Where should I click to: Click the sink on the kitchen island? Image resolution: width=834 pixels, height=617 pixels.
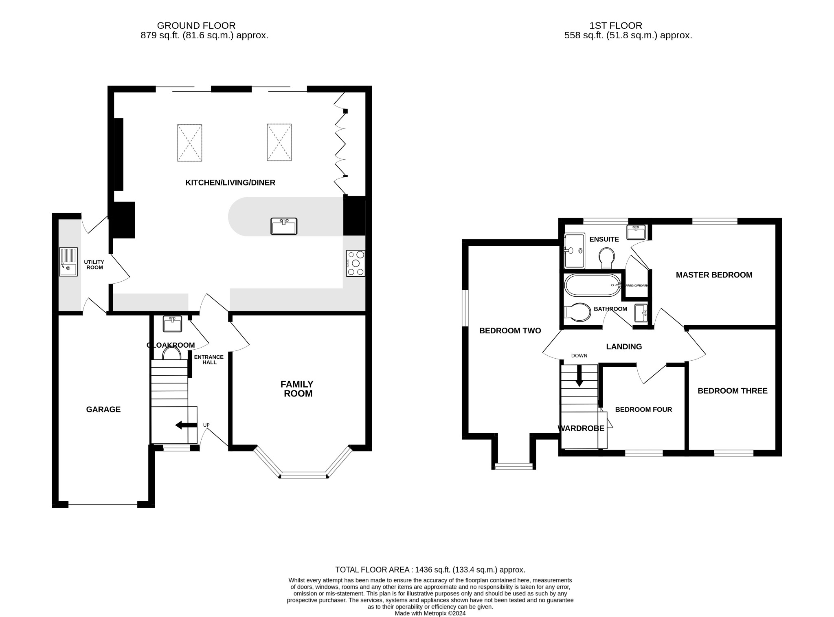pos(284,226)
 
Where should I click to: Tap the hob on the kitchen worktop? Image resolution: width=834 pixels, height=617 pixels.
pos(356,263)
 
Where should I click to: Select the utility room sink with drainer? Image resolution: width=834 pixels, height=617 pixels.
pos(68,262)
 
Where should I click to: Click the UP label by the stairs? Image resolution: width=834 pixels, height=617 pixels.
pos(206,425)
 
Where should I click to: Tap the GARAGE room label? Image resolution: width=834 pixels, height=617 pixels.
pos(103,409)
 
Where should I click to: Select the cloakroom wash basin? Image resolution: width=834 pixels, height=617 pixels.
pos(173,324)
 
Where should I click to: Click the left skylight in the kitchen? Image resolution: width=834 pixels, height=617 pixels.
pos(190,143)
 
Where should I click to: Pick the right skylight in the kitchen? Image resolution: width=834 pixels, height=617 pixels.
pos(279,143)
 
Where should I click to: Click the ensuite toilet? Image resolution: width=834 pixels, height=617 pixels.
pos(607,258)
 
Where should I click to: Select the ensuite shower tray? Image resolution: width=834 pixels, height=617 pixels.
pos(574,251)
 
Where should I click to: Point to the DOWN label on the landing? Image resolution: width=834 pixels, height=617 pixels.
pos(579,355)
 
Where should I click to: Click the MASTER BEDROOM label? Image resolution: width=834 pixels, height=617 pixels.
pos(714,275)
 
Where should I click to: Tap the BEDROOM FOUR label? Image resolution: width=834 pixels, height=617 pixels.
pos(643,409)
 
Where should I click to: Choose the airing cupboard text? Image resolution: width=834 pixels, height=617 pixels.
pos(636,286)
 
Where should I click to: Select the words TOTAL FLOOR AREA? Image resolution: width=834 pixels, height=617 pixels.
pos(372,570)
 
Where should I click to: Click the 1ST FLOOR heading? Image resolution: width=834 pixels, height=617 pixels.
pos(615,26)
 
